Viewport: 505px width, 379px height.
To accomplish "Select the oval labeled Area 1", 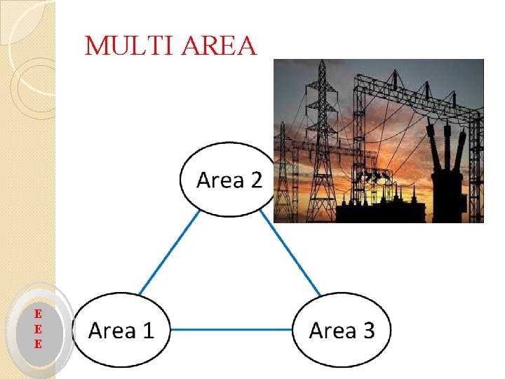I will [x=123, y=330].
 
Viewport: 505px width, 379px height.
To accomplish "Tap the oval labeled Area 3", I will [x=342, y=330].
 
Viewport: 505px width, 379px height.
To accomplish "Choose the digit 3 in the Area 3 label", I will [x=367, y=330].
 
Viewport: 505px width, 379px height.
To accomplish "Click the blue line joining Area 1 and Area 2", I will [x=169, y=251].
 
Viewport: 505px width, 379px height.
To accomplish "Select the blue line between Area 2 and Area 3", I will [x=290, y=251].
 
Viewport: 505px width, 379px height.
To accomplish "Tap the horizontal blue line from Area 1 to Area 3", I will [x=231, y=329].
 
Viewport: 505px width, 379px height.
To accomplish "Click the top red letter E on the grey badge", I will [x=38, y=313].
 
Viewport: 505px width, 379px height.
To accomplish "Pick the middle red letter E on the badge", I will [x=38, y=328].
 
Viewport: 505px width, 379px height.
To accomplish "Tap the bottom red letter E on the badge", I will [x=38, y=344].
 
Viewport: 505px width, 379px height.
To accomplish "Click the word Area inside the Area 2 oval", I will [x=218, y=180].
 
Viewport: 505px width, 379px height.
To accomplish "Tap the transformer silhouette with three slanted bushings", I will [x=446, y=175].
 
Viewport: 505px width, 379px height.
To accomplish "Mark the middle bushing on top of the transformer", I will [x=446, y=144].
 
